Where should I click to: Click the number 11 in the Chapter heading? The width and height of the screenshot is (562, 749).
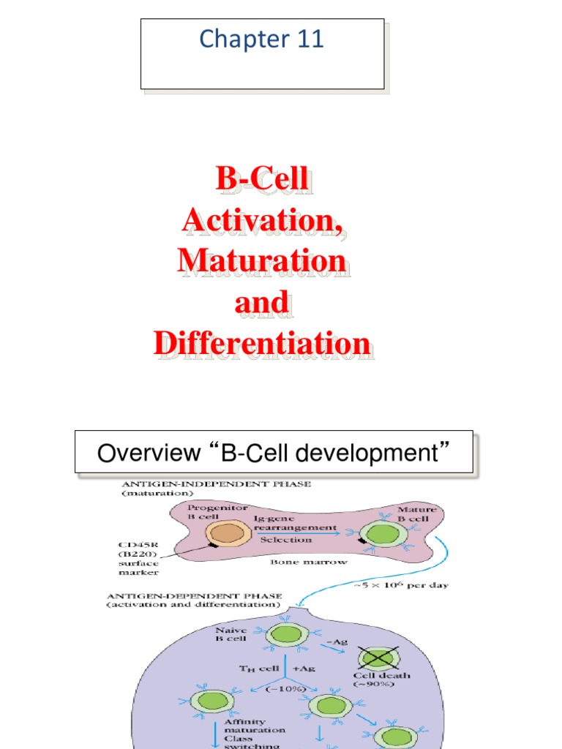[x=310, y=39]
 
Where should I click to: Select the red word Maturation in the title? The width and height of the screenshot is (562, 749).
[x=262, y=260]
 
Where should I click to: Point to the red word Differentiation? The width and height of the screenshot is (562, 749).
[x=262, y=343]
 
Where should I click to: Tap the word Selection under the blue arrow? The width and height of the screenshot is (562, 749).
[x=286, y=540]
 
